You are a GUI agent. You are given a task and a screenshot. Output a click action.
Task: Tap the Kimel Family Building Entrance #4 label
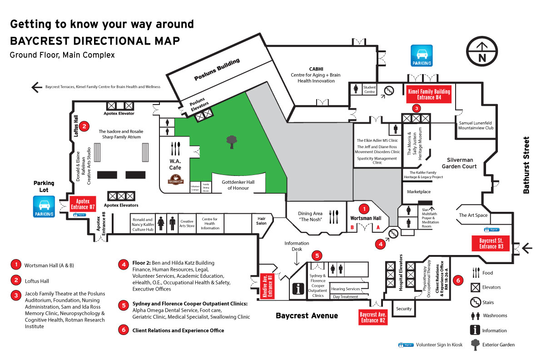click(428, 94)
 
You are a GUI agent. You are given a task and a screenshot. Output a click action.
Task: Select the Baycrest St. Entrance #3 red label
click(491, 243)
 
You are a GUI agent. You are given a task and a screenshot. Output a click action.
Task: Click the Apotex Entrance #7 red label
click(82, 204)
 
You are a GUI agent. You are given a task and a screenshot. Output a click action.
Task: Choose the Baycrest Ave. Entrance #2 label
click(373, 317)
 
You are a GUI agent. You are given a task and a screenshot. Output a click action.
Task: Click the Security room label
click(404, 309)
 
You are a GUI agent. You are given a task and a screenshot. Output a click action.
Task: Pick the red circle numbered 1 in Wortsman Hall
click(363, 209)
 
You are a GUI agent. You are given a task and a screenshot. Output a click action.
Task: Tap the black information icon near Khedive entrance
click(299, 288)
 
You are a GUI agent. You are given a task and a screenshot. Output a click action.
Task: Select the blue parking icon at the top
click(421, 55)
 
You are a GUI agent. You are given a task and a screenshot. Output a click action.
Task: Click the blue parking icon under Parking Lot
click(44, 206)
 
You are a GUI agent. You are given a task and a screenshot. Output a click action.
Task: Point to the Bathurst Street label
click(526, 165)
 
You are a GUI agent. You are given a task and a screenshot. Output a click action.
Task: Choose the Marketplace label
click(418, 192)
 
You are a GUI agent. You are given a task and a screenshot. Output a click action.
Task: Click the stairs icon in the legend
click(476, 302)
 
